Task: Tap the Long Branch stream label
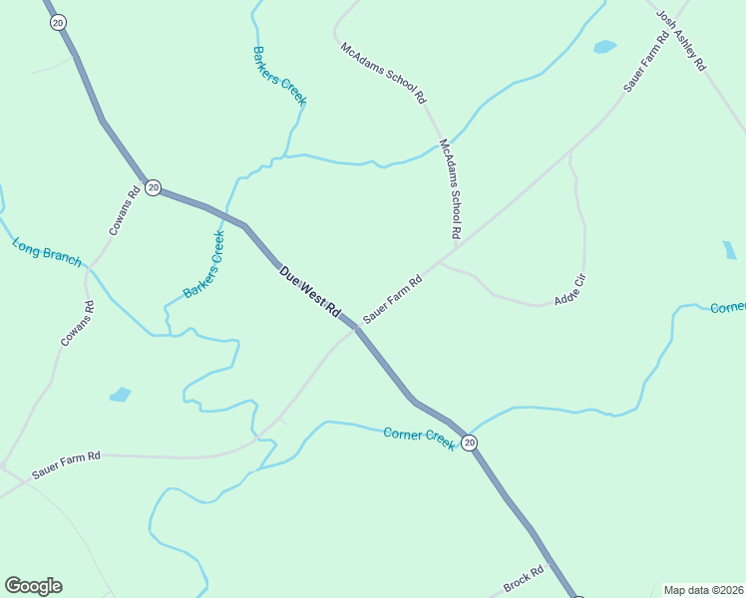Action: [47, 251]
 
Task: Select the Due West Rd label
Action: [311, 291]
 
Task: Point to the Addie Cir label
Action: [569, 295]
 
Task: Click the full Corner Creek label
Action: [419, 438]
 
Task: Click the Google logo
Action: [33, 586]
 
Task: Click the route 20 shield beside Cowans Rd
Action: [153, 187]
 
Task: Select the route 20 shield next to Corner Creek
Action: [470, 443]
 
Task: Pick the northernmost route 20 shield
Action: [57, 22]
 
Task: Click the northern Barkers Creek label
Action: [279, 76]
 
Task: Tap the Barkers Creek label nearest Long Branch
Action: [204, 264]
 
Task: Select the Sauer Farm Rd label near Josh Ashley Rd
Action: [645, 62]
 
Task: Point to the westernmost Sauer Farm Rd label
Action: [66, 462]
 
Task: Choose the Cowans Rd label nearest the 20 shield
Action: [125, 212]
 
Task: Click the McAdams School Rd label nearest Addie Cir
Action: [451, 188]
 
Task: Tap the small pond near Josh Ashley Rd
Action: [604, 46]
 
